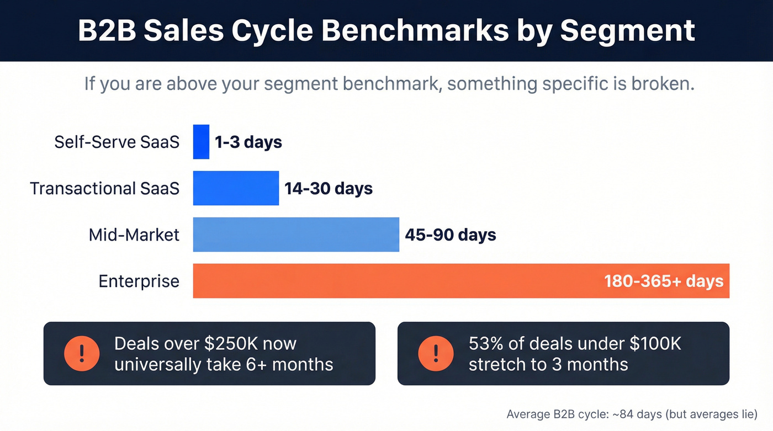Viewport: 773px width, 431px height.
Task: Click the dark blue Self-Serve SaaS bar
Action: (x=201, y=142)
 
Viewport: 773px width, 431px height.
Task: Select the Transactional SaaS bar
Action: (x=236, y=188)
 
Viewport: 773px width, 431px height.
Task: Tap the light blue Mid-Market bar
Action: (x=296, y=235)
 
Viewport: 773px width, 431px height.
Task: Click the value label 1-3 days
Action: (x=248, y=142)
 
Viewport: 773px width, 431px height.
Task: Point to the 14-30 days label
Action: (x=329, y=189)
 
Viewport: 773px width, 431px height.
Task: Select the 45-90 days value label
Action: (x=451, y=235)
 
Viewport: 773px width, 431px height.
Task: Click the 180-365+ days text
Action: (x=664, y=281)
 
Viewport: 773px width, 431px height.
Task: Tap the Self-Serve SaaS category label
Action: (x=117, y=142)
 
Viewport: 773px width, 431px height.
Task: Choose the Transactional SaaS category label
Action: (x=104, y=188)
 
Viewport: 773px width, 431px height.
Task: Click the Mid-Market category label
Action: (x=134, y=235)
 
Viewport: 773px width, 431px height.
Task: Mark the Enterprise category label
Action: (x=139, y=281)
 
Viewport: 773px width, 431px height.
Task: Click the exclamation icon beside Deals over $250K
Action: (x=82, y=353)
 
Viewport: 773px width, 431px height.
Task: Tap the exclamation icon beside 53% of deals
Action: (x=436, y=353)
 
